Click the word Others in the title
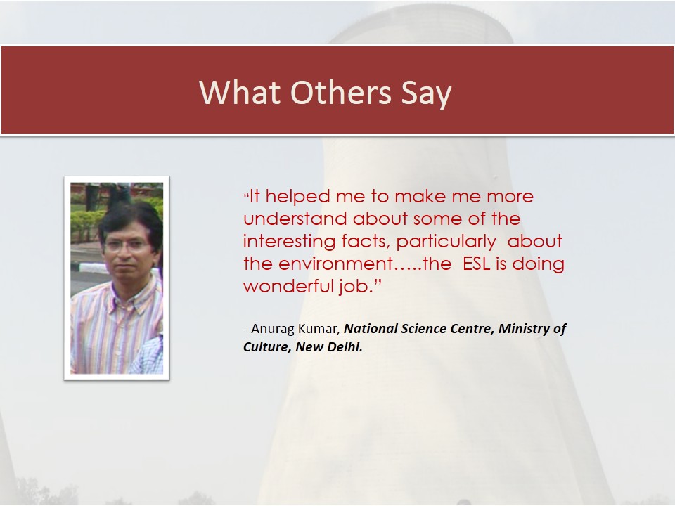(341, 92)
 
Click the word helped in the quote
(298, 197)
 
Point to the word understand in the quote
(295, 219)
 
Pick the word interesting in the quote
(289, 242)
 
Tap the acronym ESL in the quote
(477, 264)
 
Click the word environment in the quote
(336, 264)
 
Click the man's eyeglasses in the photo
(127, 246)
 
